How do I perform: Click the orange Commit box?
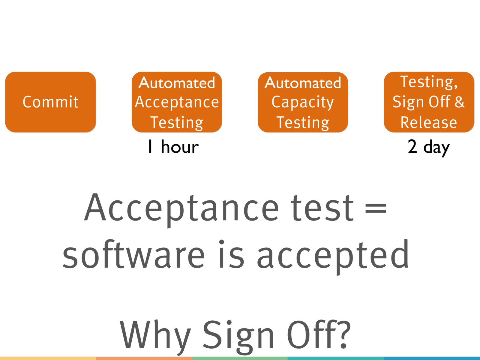point(50,102)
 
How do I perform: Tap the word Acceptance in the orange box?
point(177,102)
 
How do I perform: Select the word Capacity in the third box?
point(303,103)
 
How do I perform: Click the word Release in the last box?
point(429,122)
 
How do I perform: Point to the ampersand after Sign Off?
point(459,102)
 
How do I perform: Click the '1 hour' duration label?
point(173,147)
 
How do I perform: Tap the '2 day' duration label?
point(429,148)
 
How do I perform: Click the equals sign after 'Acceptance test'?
point(376,208)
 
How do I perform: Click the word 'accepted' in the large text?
point(333,257)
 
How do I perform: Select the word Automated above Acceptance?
point(177,83)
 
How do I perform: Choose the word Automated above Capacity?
point(303,83)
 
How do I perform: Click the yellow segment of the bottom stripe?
point(48,358)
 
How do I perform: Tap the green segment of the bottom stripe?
point(240,358)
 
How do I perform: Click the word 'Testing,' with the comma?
point(429,82)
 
